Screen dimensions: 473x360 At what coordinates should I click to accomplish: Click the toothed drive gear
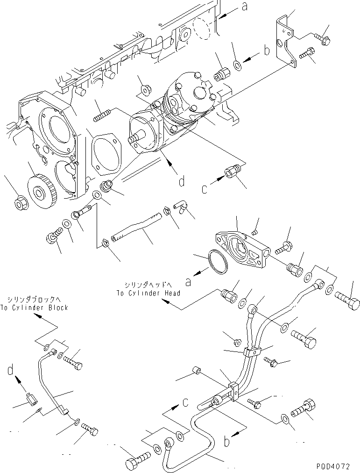[x=38, y=187]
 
